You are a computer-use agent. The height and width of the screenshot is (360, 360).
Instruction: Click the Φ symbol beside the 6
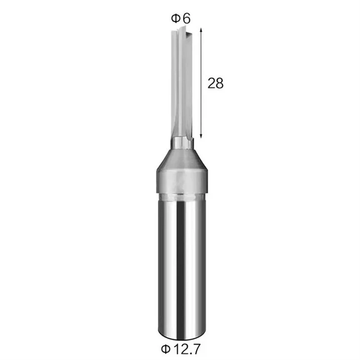click(x=176, y=18)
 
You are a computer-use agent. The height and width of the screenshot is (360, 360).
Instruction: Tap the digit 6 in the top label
click(x=186, y=18)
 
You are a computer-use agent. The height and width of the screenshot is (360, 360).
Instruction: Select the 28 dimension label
click(x=216, y=83)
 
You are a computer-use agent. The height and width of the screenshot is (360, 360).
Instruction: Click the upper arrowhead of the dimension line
click(x=201, y=30)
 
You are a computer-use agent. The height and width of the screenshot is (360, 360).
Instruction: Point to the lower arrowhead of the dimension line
click(x=201, y=136)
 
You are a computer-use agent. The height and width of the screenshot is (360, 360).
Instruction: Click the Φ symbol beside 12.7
click(x=166, y=349)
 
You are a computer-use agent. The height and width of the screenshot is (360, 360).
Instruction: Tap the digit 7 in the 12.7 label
click(x=196, y=349)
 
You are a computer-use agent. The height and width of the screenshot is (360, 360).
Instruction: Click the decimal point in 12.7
click(x=190, y=353)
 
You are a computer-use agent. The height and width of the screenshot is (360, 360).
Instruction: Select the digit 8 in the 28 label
click(x=219, y=83)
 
